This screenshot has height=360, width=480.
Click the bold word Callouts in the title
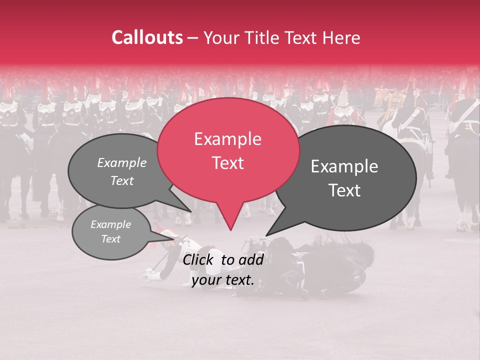[x=147, y=37]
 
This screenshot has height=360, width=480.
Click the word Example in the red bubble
[x=227, y=139]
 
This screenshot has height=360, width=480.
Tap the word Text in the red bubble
[x=227, y=163]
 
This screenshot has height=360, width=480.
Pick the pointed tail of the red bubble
[x=230, y=228]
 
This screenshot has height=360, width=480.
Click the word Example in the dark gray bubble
[x=344, y=167]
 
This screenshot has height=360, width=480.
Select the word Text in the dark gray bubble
[x=344, y=190]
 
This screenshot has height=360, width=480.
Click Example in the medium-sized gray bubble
[x=121, y=163]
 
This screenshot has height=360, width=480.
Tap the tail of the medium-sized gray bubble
[x=189, y=210]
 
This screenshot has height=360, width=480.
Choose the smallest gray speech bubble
[x=110, y=232]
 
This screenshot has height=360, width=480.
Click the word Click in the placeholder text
[x=199, y=260]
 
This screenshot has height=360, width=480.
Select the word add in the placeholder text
[x=252, y=260]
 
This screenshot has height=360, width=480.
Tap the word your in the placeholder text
[x=204, y=280]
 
